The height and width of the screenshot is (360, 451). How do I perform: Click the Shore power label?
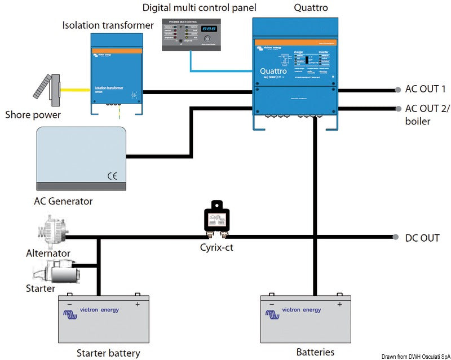(33, 115)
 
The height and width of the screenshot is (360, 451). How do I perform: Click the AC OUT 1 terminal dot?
(398, 89)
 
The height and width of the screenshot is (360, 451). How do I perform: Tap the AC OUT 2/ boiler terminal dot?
(398, 109)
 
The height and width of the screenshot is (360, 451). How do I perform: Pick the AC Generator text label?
(63, 201)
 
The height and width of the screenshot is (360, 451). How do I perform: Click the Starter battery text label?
(108, 353)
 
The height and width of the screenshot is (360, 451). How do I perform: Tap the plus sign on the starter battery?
(137, 304)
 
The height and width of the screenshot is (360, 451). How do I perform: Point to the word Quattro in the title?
(311, 8)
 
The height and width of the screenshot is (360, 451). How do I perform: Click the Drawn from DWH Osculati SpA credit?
(415, 356)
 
